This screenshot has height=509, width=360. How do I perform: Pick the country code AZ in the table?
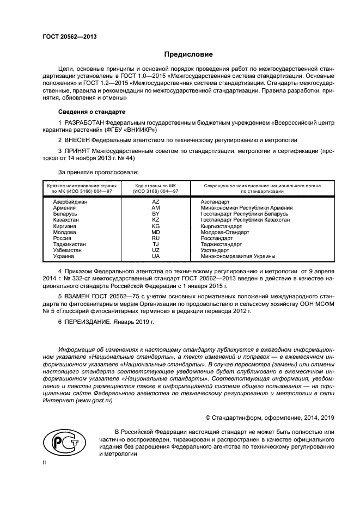[156, 201]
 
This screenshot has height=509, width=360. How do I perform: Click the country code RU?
[156, 238]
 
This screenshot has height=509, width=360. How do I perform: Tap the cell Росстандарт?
[216, 238]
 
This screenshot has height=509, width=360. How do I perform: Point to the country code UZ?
[156, 250]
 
